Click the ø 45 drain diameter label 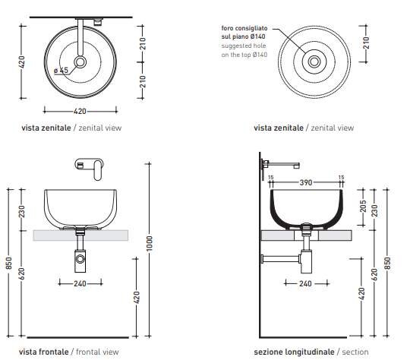(62, 70)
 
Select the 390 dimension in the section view (306, 182)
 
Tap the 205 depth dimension (363, 206)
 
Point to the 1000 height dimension (150, 244)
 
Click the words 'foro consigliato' (245, 28)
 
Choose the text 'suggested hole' (244, 46)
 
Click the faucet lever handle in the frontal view (98, 170)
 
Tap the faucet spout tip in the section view (297, 166)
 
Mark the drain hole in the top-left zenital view (80, 62)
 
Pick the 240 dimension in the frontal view (80, 283)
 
